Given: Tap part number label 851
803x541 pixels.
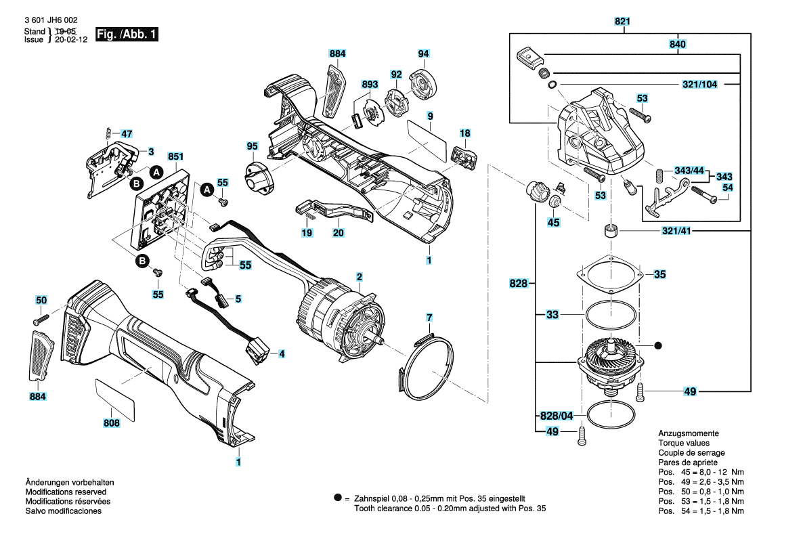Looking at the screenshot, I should pyautogui.click(x=175, y=157).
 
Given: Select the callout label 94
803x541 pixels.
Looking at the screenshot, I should pyautogui.click(x=423, y=53).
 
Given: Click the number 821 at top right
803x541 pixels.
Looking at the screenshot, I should pyautogui.click(x=623, y=22).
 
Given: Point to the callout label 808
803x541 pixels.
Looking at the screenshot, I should pyautogui.click(x=112, y=423).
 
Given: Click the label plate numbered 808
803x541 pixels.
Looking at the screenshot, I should pyautogui.click(x=115, y=397).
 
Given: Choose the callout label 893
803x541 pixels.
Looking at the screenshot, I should pyautogui.click(x=370, y=85).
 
